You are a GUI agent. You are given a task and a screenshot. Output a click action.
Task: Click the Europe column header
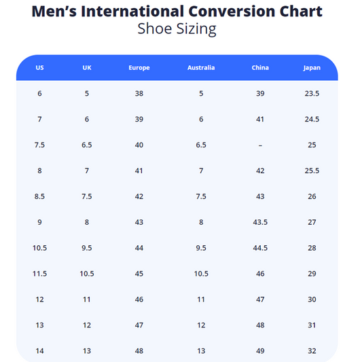(x=139, y=68)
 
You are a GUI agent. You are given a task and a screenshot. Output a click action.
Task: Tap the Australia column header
(x=201, y=67)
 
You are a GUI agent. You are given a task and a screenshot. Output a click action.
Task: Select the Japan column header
(x=312, y=68)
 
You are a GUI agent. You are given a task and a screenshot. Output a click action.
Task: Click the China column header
(x=260, y=67)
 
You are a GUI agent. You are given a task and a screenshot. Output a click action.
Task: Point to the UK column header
(x=87, y=67)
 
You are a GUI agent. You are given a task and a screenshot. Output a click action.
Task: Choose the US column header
(x=39, y=67)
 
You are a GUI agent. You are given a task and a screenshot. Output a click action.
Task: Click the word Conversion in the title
(x=232, y=11)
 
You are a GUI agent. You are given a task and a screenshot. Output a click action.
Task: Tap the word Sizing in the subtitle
(x=196, y=29)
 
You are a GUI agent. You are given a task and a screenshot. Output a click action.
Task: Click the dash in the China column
(x=260, y=145)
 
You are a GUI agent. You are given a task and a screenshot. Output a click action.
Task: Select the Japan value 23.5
(x=312, y=94)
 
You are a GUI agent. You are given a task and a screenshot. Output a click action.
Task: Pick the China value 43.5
(x=260, y=222)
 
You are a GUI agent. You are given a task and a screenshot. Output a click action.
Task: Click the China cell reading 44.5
(x=260, y=248)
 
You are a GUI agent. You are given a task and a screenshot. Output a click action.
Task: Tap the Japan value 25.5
(x=312, y=170)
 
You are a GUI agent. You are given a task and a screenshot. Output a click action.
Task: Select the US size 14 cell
(x=39, y=351)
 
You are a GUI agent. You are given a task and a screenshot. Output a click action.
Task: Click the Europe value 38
(x=139, y=94)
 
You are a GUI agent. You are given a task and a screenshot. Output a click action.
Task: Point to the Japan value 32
(x=312, y=351)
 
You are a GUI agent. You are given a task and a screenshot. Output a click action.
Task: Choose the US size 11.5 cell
(x=39, y=274)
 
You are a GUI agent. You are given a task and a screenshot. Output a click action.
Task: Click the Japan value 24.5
(x=312, y=119)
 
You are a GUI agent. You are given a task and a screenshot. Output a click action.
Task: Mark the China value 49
(x=260, y=351)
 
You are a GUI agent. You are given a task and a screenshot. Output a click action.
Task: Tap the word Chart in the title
(x=301, y=11)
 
